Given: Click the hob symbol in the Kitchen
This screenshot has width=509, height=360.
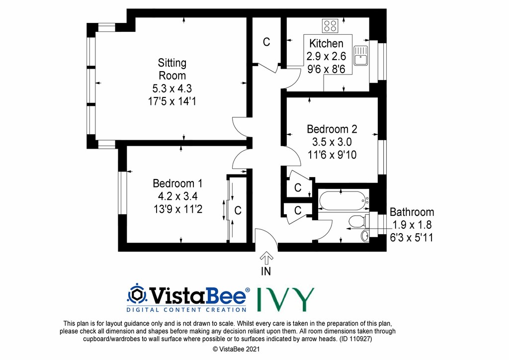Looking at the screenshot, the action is [x=330, y=26].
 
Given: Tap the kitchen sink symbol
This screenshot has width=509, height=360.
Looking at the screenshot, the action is [x=361, y=56].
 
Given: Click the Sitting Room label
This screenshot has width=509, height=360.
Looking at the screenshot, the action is [x=172, y=69].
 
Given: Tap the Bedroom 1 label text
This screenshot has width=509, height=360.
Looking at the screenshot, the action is [x=177, y=183].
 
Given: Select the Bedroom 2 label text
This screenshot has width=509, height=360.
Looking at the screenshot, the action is [x=332, y=129].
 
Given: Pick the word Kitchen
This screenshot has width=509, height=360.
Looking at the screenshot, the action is [x=326, y=43].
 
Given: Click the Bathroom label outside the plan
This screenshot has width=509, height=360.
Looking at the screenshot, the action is [x=412, y=212].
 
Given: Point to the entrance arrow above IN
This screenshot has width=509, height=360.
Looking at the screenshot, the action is [x=266, y=258].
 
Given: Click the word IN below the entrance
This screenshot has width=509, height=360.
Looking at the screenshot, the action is [x=266, y=271].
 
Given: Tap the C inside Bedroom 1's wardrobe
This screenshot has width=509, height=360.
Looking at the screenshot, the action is [x=238, y=210].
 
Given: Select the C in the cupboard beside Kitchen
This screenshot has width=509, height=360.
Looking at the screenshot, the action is [x=266, y=42].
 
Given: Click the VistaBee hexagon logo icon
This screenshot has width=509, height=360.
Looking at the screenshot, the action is [x=137, y=294].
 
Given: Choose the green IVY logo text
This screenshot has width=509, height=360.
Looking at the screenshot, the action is [x=286, y=299].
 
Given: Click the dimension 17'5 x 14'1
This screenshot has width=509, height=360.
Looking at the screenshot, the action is [x=172, y=101].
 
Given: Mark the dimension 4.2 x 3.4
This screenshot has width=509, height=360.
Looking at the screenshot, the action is [x=177, y=196].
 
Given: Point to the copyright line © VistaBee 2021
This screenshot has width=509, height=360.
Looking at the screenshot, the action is [x=236, y=349].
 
